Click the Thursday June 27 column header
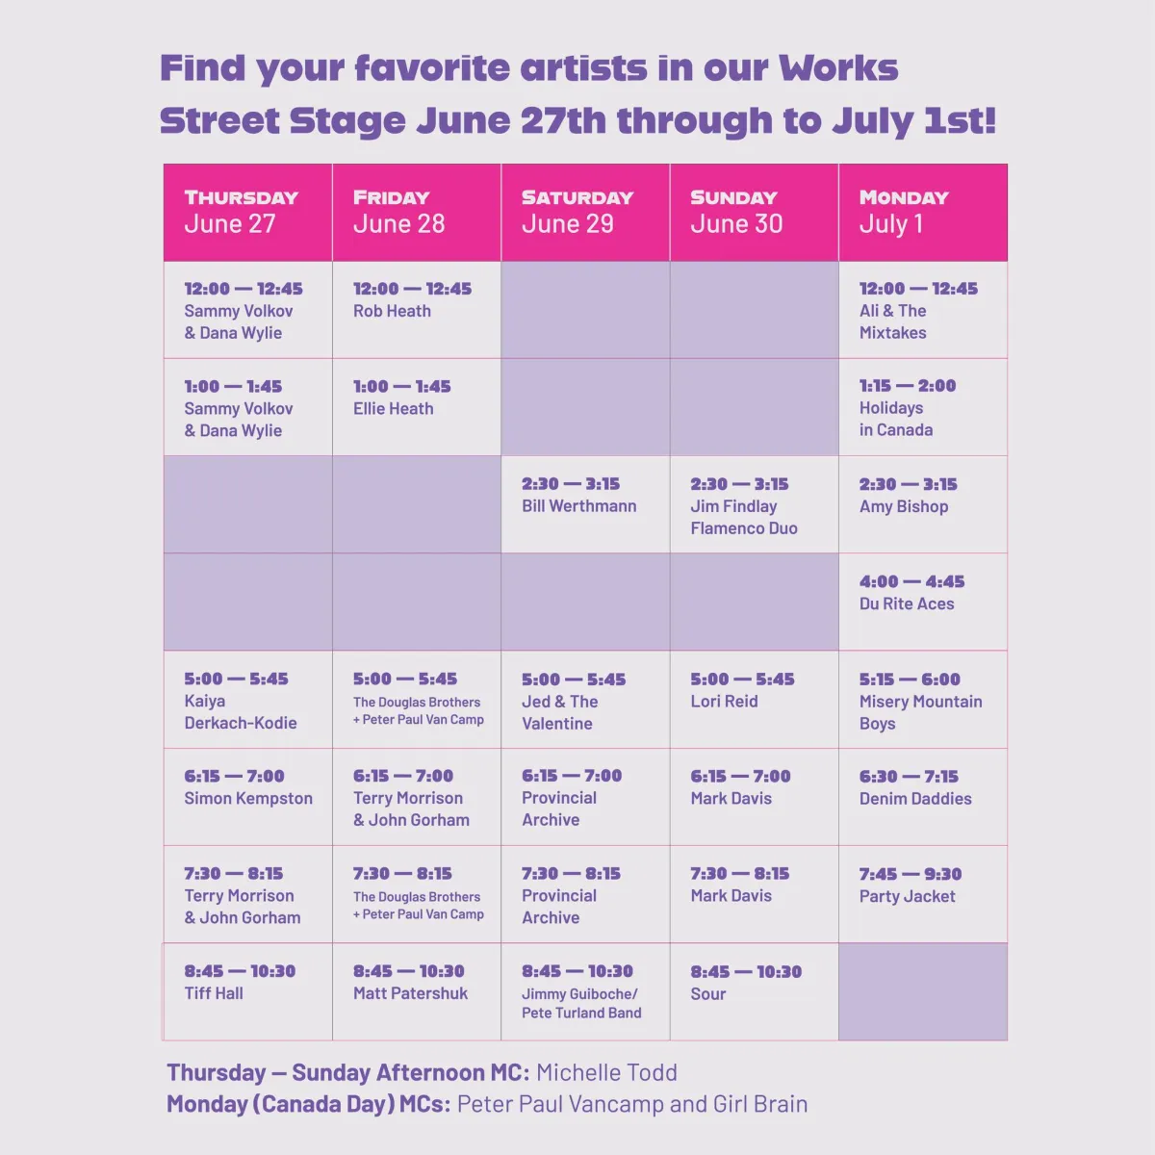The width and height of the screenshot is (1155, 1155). coord(247,212)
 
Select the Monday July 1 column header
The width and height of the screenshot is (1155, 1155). coord(922,212)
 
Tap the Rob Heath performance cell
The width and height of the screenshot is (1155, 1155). coord(417,310)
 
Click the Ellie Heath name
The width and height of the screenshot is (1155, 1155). coord(394,409)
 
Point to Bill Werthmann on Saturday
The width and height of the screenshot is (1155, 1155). coord(579,506)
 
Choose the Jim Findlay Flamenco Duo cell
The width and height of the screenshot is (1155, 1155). coord(754,504)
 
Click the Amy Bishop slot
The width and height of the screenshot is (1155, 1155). coord(922,504)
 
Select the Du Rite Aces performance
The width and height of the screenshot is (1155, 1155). coord(922,602)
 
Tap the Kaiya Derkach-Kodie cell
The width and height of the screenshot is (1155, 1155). coord(247,700)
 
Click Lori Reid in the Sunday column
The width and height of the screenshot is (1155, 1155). coord(724,702)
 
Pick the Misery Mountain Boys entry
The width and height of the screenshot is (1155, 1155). coord(922,700)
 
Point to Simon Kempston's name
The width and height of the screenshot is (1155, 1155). coord(248,798)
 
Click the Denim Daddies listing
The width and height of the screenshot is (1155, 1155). coord(922,797)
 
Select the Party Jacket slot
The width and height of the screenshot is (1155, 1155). coord(922,894)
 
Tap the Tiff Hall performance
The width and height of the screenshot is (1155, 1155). coord(247,991)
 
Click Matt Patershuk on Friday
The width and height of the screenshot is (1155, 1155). coord(410,993)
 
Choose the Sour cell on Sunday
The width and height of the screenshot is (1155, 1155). coord(754,991)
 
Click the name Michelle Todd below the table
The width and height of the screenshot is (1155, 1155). coord(606,1073)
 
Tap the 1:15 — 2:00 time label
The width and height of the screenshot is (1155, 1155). coord(908,385)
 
